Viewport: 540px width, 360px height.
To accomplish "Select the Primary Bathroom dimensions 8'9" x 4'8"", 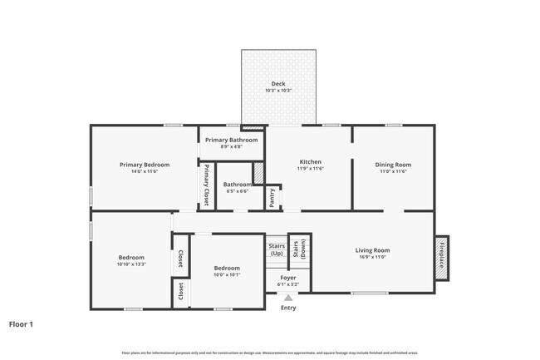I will point(232,147).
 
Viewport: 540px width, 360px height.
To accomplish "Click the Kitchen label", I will point(311,162).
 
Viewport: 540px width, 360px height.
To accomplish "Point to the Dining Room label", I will point(395,165).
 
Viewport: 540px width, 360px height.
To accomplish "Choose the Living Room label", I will point(373,250).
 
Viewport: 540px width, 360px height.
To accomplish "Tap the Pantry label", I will point(272,198).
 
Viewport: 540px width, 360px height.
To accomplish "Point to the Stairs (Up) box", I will point(277,249).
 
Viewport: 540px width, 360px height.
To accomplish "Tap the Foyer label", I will point(287,278).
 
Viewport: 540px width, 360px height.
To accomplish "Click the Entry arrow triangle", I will point(287,297).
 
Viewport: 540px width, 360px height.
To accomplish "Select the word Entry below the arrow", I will point(287,308).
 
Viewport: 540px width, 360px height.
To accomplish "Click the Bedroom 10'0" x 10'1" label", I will point(227,268).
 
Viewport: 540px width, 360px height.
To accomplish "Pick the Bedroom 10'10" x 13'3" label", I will point(131,258).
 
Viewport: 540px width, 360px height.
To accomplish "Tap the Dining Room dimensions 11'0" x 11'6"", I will point(395,171).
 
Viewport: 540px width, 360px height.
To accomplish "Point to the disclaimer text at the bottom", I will point(269,353).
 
